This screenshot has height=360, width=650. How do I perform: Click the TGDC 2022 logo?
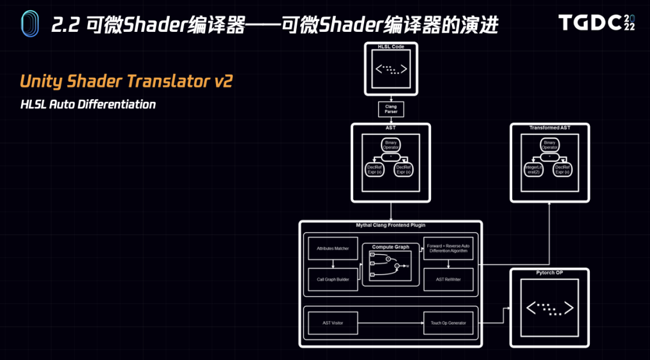point(596,23)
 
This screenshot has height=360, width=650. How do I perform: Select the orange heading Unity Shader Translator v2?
point(126,82)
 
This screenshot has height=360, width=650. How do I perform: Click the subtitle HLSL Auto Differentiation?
point(88,105)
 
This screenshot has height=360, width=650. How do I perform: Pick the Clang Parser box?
point(391,109)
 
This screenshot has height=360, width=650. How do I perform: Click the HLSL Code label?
point(391,46)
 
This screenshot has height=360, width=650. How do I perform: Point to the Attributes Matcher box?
point(333,248)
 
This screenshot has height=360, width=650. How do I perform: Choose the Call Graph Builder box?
point(333,279)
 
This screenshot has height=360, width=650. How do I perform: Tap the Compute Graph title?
point(390,247)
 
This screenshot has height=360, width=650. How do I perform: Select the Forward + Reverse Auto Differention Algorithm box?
point(448,248)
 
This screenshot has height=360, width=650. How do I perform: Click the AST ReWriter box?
point(448,279)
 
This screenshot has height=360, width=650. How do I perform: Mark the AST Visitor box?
point(333,323)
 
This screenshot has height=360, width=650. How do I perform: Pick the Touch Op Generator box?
point(448,323)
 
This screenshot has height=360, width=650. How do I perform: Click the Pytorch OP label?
point(549,273)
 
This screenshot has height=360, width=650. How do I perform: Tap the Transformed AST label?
point(549,128)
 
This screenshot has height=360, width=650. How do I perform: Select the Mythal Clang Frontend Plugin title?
point(390,225)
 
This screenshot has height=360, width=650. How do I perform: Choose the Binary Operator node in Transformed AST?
point(549,144)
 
